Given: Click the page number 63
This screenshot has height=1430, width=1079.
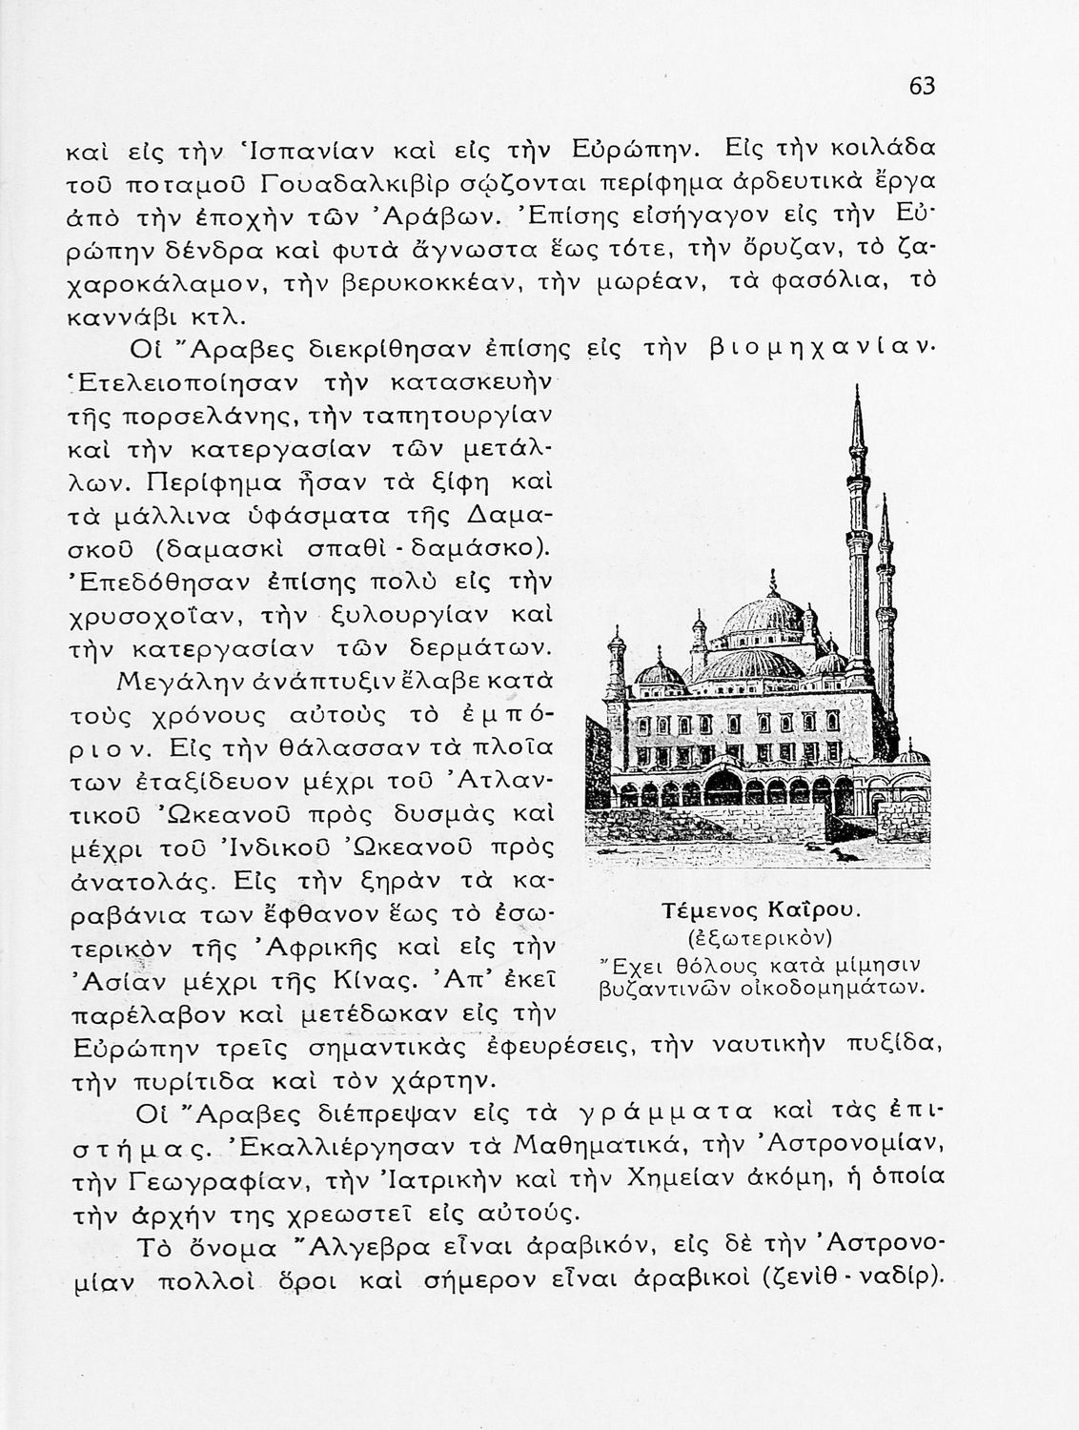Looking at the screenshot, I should tap(922, 87).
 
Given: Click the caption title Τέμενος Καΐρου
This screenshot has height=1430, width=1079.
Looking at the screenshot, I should tap(762, 910).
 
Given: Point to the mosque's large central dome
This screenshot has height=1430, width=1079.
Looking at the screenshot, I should tap(763, 620).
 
